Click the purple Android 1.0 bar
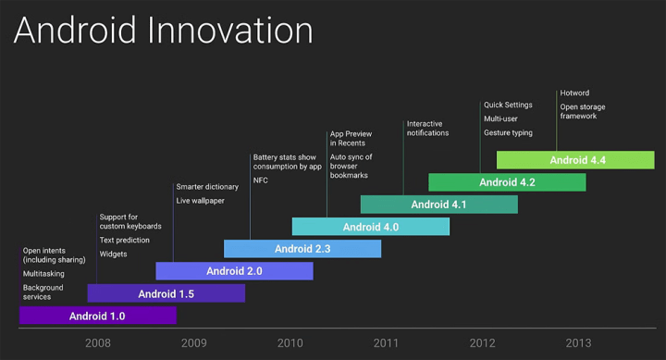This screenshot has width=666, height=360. coord(97,317)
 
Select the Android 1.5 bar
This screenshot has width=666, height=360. coord(166,294)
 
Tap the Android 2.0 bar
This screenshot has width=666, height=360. coord(234,271)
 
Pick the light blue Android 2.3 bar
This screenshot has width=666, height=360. coord(302,248)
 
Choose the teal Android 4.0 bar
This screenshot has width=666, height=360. coord(371,227)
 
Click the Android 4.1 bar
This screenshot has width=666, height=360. coord(438,205)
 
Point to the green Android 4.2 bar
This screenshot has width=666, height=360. coord(507,182)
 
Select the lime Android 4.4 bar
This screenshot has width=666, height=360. coord(575,160)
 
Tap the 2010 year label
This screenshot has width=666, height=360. coord(290,343)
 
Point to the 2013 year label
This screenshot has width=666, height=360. coord(577,343)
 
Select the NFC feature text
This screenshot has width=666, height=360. coord(262,181)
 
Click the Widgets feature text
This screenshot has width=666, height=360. coord(114,254)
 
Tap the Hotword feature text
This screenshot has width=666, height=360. coord(574,93)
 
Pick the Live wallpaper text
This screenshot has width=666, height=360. coord(200,201)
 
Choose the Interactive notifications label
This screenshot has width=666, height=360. coord(427,128)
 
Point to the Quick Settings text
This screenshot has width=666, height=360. coord(508,105)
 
